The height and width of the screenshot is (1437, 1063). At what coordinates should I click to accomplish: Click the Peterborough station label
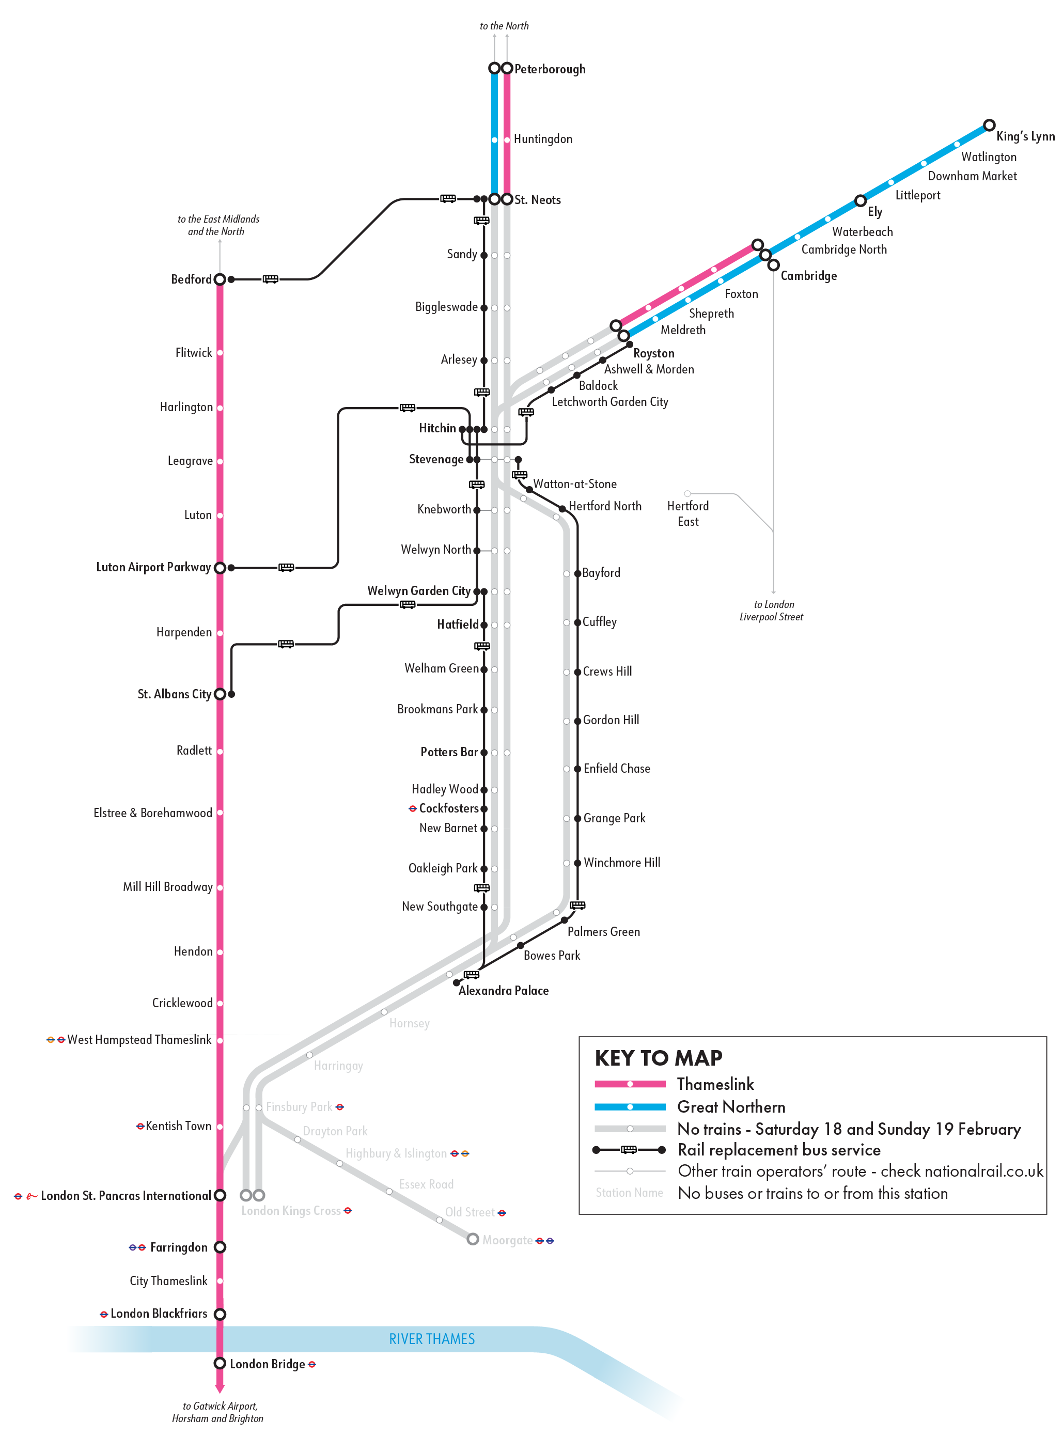pos(550,69)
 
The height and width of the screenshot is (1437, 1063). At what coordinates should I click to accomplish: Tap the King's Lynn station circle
pos(989,125)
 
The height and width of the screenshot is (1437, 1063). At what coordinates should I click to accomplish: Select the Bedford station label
pos(191,279)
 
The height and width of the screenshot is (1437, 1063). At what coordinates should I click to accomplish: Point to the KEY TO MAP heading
pos(658,1058)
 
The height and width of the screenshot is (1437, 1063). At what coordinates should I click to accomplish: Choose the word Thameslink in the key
pos(715,1084)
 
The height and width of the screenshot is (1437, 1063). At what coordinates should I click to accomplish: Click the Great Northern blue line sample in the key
pos(630,1107)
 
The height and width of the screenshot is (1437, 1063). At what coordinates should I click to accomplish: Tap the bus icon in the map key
pos(629,1149)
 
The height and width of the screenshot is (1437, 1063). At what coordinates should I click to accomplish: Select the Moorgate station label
pos(507,1240)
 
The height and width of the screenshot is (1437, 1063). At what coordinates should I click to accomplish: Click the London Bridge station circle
pos(220,1363)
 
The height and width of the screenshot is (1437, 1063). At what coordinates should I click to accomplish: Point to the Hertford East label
pos(688,513)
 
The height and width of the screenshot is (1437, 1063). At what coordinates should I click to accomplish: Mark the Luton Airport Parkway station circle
pos(220,568)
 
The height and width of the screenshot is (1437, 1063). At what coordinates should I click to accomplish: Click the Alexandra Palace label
pos(503,990)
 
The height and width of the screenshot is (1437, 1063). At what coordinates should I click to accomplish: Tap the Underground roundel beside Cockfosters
pos(413,808)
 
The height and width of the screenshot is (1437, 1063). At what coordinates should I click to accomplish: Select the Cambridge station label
pos(808,275)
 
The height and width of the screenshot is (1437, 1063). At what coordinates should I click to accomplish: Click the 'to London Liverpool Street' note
pos(772,611)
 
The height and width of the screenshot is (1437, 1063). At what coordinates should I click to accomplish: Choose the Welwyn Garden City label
pos(418,591)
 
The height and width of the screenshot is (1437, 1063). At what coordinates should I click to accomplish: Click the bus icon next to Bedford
pos(270,279)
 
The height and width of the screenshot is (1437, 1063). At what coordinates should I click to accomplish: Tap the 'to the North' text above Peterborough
pos(504,26)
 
